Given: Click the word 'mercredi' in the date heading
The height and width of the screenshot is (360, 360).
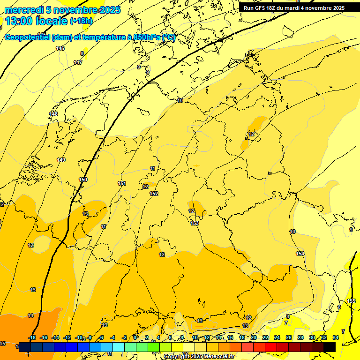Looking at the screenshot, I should (24, 10).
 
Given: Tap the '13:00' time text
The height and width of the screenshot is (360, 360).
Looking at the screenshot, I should (19, 21).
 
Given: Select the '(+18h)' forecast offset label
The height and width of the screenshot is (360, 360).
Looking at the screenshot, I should (81, 21).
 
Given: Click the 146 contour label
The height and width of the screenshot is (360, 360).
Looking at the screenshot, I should (60, 48).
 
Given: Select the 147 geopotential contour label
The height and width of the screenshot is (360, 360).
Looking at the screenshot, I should (78, 62).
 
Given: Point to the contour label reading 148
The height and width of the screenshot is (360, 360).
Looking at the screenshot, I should (54, 114).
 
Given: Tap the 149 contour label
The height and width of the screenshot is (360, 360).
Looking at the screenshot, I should (61, 160).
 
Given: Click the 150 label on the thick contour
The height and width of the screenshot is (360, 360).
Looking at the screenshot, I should (83, 180).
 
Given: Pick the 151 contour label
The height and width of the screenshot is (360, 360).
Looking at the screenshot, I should (122, 183).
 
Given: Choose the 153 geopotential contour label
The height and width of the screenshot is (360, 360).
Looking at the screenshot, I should (195, 223).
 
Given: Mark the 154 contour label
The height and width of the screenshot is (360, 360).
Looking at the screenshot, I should (300, 254).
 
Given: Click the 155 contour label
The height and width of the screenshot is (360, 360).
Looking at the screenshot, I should (351, 300).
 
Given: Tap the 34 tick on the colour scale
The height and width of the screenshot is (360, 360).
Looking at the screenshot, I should (335, 337).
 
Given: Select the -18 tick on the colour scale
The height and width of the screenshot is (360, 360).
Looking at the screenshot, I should (32, 337).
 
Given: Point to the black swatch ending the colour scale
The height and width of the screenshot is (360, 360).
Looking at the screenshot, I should (330, 347).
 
